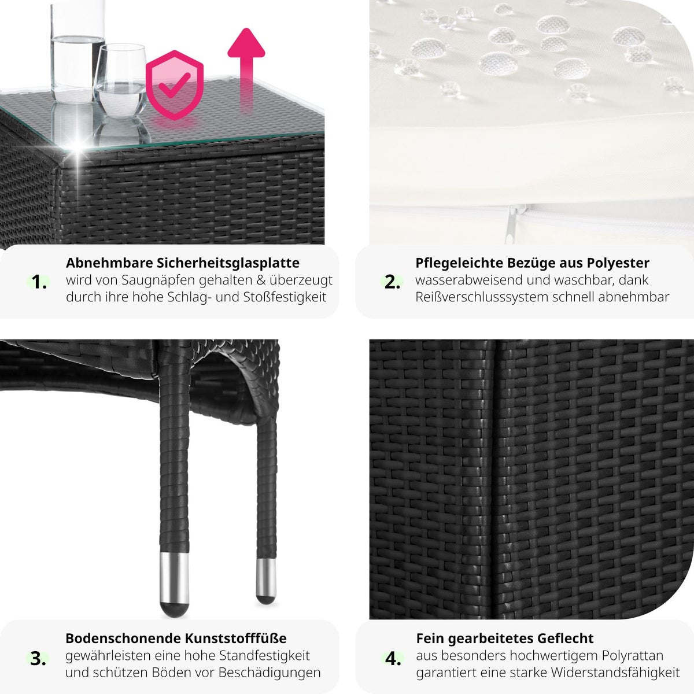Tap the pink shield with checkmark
(x=175, y=85)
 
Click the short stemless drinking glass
(x=121, y=81)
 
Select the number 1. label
(x=39, y=282)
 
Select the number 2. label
(x=392, y=282)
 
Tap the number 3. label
(x=38, y=659)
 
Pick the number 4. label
(x=393, y=659)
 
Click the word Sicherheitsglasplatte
(x=228, y=263)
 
